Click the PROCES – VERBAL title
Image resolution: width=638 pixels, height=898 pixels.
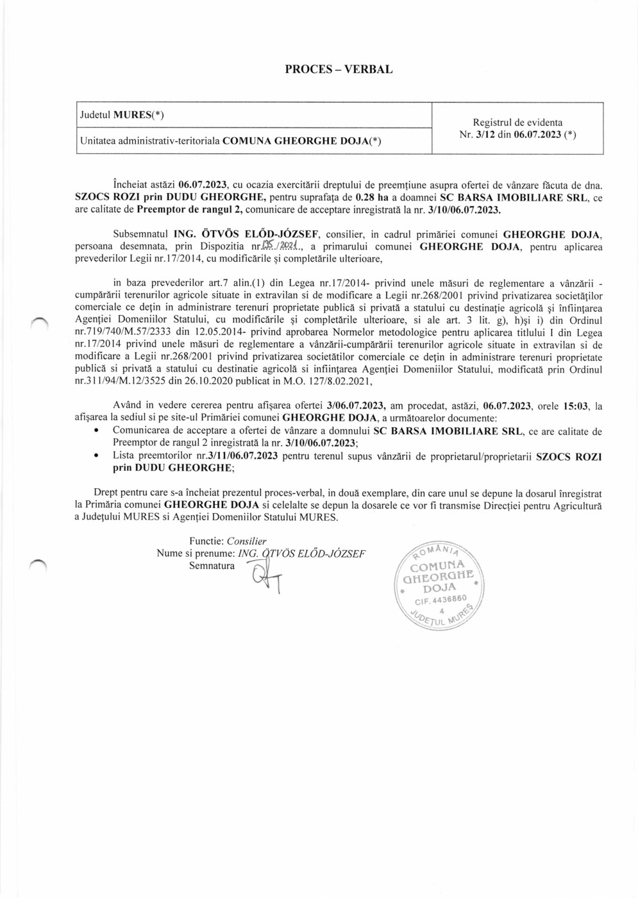click(339, 69)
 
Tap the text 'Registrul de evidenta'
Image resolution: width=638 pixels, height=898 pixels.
click(517, 122)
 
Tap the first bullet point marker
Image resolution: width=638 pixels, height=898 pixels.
click(96, 432)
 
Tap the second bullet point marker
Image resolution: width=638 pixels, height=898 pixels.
click(96, 456)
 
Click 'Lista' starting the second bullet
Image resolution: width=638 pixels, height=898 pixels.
click(123, 456)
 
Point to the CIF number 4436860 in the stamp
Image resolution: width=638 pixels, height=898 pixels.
click(441, 600)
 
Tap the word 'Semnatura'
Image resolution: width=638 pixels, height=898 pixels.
click(212, 566)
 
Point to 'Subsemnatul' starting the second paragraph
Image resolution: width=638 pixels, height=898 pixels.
click(137, 234)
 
